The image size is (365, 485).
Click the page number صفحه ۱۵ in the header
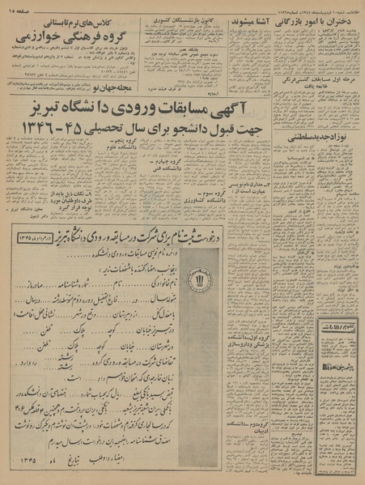point(23,6)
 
